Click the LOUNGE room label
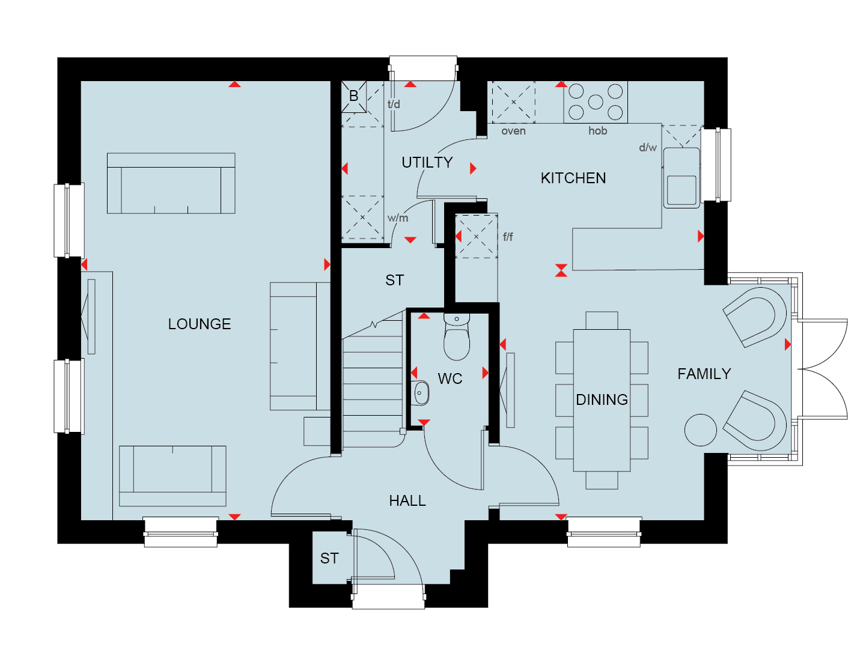199,324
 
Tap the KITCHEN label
573,178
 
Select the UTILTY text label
427,162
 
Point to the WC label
450,378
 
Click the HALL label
407,501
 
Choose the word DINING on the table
602,399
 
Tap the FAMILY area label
704,374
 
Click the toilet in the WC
457,336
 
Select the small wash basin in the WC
420,393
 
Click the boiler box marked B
354,97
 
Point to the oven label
513,131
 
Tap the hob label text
597,130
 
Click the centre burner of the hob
595,102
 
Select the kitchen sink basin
682,190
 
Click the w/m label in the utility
398,218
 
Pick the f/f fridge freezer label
508,237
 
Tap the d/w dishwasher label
648,148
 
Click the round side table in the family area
701,430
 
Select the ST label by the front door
329,558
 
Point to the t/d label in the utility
394,104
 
